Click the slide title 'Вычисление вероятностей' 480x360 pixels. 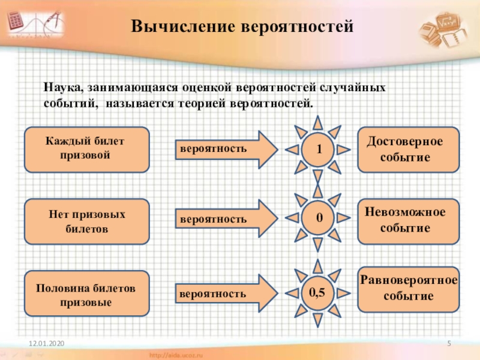[239, 27]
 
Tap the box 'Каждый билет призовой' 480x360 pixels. [87, 149]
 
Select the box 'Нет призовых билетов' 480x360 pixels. [87, 221]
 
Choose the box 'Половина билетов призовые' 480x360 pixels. [87, 294]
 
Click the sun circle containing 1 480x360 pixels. [319, 149]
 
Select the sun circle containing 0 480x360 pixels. [319, 220]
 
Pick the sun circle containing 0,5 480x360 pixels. [319, 293]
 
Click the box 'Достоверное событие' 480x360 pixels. [408, 149]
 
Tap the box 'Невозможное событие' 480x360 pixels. [408, 220]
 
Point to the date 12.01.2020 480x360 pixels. [47, 343]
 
